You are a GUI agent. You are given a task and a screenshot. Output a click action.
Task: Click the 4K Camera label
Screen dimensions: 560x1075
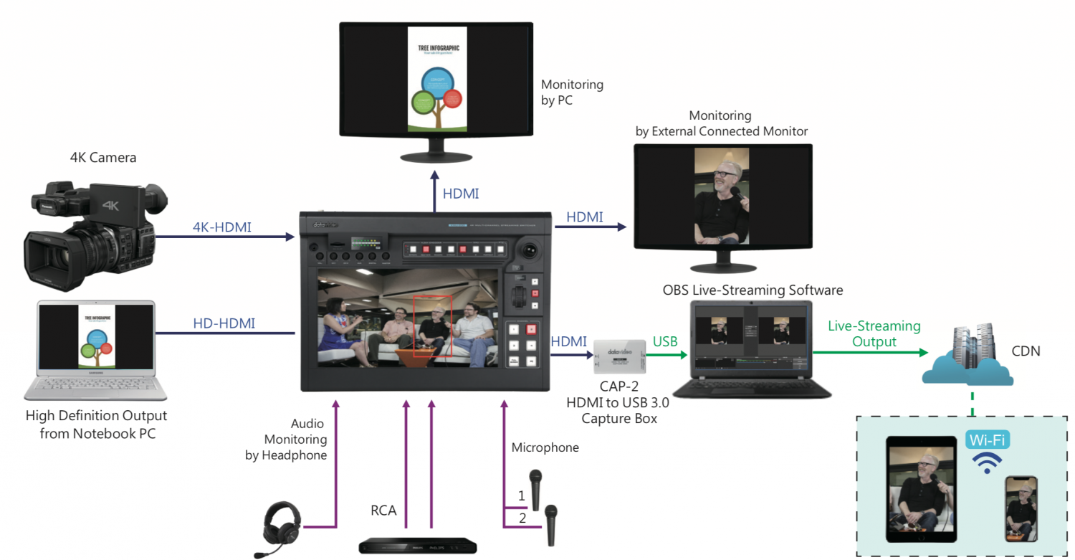click(102, 158)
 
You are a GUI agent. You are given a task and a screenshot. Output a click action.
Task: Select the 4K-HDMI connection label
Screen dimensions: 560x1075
click(222, 227)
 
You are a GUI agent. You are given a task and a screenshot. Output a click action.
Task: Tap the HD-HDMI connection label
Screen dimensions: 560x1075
click(224, 323)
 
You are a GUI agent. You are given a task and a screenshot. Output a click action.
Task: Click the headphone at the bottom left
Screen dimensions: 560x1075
click(281, 527)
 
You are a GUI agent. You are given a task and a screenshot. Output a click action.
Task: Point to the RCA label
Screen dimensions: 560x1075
click(383, 511)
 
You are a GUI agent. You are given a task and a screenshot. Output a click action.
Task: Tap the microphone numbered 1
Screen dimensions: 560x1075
click(535, 488)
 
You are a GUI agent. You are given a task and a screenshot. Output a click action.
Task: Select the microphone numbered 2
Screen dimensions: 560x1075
click(550, 523)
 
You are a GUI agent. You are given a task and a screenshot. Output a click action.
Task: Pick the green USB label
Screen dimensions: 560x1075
click(665, 341)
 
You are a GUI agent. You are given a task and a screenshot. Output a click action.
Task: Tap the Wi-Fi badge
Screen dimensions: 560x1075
click(987, 440)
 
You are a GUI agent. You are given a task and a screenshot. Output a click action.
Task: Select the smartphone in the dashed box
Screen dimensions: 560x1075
click(1021, 509)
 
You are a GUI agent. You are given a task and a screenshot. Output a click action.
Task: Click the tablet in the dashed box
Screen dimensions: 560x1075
click(922, 488)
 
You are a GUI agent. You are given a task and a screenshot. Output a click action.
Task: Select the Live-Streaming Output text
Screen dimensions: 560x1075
click(874, 333)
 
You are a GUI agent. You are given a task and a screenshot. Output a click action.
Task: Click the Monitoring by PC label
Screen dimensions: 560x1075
click(572, 92)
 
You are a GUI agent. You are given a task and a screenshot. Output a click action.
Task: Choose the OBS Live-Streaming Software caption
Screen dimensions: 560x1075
click(752, 290)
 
